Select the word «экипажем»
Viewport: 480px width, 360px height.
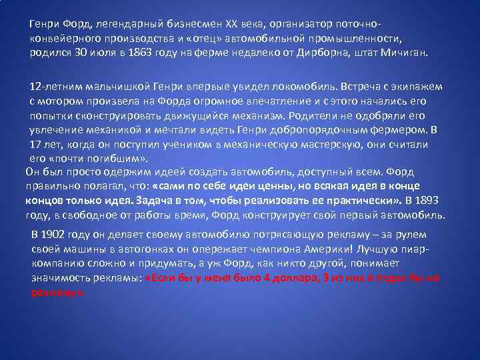click(420, 87)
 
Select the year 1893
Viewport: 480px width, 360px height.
click(427, 200)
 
